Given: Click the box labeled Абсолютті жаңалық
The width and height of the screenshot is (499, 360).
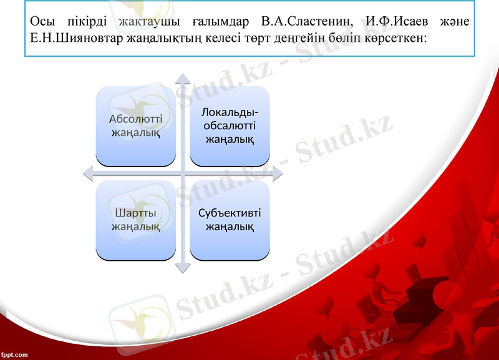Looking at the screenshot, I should point(135,125).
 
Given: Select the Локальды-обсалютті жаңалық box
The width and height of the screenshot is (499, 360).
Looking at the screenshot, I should point(230,125).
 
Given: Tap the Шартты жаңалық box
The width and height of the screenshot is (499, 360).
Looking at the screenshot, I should point(135,220).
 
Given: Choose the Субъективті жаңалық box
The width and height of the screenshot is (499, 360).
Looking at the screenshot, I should point(230,220).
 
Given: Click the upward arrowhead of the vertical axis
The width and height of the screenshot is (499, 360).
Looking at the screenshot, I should point(182,79).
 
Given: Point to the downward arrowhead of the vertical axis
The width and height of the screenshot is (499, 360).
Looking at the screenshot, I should point(182,268).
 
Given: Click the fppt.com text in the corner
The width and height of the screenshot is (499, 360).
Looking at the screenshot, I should point(14,354).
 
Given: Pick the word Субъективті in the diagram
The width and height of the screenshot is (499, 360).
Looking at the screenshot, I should point(230,213).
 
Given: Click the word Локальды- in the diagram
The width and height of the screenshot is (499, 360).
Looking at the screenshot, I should point(230,112).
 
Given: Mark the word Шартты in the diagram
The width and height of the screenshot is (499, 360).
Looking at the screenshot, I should point(135,213).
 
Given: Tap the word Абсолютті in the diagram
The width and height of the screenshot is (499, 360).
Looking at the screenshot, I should point(135,119).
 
